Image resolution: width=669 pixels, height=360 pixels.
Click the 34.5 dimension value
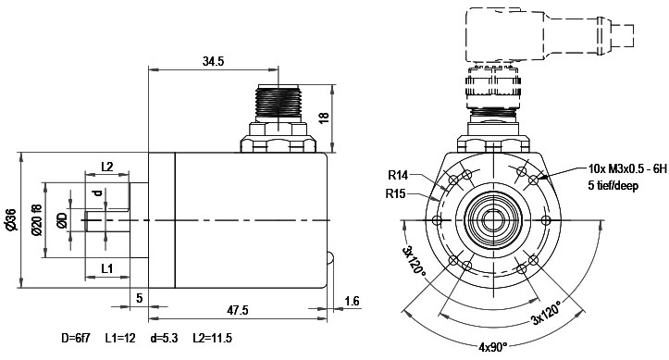tap(213, 61)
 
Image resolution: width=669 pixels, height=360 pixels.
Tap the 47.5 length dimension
tap(238, 310)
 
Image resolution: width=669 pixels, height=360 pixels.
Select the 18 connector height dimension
tap(324, 118)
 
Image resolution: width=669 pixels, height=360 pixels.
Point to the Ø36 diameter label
tap(11, 220)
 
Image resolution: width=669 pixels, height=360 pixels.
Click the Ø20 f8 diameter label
tap(37, 220)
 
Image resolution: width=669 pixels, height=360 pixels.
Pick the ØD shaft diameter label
tap(62, 220)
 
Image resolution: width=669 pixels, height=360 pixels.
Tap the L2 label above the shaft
tap(107, 167)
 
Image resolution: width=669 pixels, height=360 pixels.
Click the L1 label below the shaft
tap(107, 268)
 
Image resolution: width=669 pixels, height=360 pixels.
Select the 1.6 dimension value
tap(352, 301)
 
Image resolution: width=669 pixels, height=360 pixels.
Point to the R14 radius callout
tap(398, 175)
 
